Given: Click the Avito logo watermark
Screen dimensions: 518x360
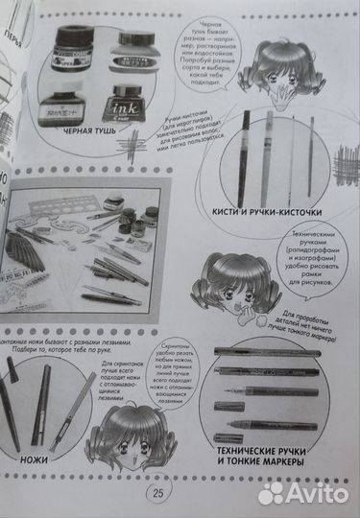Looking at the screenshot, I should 305,492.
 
